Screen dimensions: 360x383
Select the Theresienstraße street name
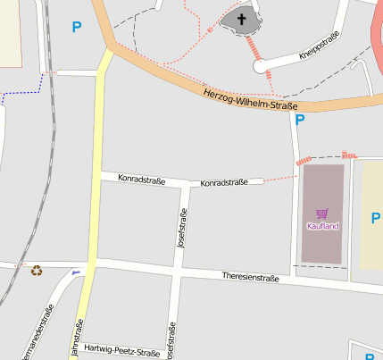tap(250, 278)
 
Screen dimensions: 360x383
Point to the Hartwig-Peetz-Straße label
tap(121, 351)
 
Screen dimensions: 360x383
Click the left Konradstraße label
tap(141, 179)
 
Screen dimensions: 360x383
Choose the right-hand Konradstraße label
tap(223, 183)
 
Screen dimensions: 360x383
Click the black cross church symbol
tap(241, 18)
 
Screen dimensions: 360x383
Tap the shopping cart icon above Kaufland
tap(322, 213)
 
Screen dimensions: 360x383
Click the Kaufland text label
tap(322, 226)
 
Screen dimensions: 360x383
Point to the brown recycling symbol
tap(37, 270)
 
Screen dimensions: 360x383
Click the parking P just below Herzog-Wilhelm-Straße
tap(300, 119)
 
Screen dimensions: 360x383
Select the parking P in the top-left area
tap(76, 27)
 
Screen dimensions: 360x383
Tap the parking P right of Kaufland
tap(375, 217)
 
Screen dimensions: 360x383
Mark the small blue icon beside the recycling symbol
tap(76, 271)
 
